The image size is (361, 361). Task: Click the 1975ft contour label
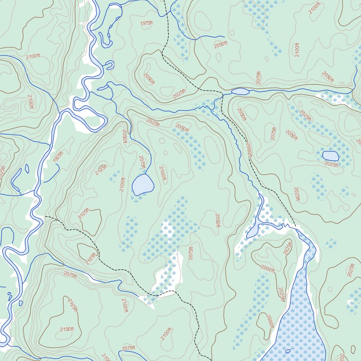147,24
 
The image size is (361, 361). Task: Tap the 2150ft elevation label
67,330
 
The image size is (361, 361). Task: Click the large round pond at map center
143,184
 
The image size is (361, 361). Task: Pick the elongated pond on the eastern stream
240,91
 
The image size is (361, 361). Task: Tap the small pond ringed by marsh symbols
330,156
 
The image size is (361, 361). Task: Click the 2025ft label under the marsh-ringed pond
331,165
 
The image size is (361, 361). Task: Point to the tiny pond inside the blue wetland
288,351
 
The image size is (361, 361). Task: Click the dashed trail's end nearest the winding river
45,217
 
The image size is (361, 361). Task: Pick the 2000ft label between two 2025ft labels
267,269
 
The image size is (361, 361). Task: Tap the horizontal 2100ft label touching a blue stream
33,56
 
